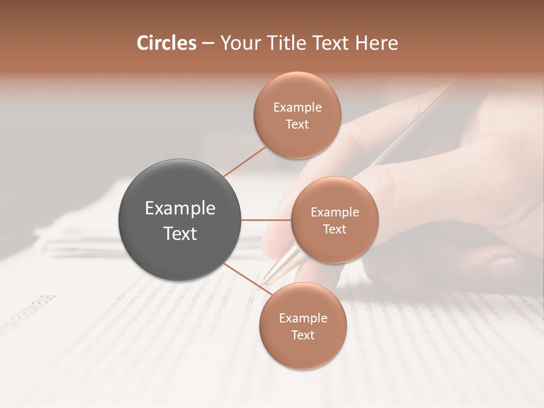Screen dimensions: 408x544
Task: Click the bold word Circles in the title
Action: tap(166, 43)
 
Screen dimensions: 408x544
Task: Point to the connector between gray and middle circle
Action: tap(266, 220)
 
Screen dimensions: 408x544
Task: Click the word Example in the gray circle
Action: tap(180, 209)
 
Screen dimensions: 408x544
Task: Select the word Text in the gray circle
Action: tap(180, 233)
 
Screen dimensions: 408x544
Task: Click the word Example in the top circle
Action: tap(297, 108)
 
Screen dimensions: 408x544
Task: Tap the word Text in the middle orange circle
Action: tap(334, 229)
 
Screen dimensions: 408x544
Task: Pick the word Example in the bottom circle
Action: tap(303, 318)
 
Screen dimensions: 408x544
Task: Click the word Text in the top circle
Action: tap(297, 125)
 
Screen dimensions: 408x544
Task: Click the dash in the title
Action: tap(207, 44)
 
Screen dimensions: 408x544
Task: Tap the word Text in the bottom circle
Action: tap(303, 335)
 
